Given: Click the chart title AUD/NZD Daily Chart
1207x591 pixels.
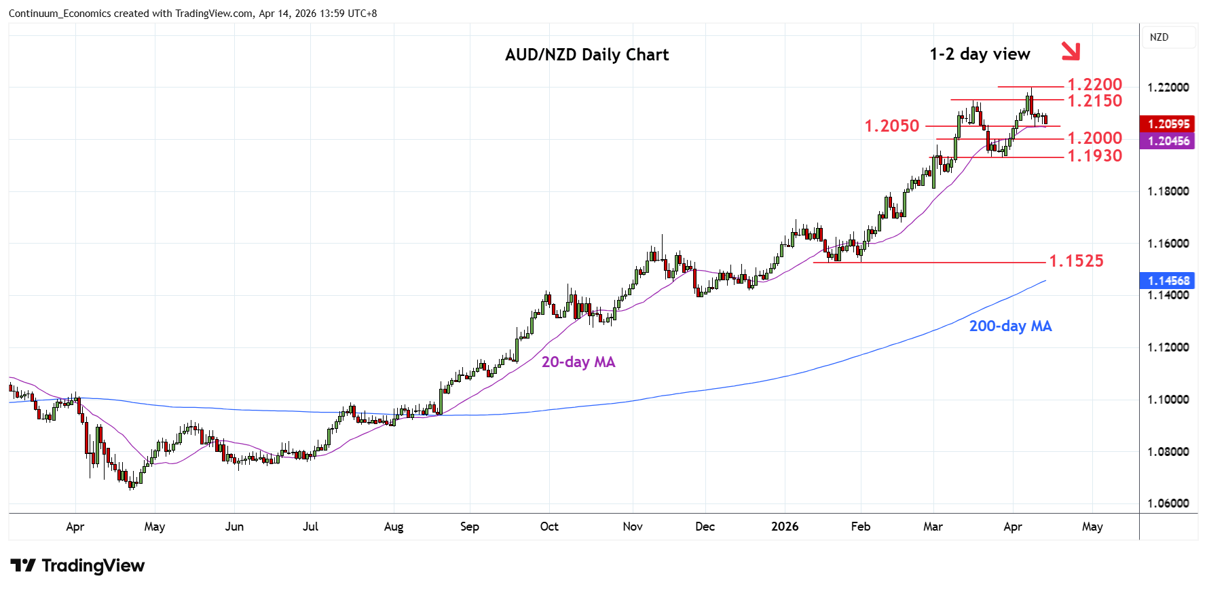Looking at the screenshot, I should (587, 55).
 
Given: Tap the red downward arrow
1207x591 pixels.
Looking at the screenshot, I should (1071, 51).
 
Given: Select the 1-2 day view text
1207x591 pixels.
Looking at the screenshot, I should (980, 54).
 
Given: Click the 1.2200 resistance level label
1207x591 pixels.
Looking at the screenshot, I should (1094, 85).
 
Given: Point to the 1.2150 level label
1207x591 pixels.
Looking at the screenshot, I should (1094, 101).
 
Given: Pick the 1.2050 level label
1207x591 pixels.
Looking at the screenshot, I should (891, 126).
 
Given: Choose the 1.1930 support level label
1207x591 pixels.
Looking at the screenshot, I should (1094, 156).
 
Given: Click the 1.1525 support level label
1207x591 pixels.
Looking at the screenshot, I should (1076, 261).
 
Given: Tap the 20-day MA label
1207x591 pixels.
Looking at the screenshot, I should (578, 362).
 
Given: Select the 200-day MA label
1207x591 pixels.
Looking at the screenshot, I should (1010, 326).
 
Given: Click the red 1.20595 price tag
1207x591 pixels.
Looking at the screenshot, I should (1168, 124).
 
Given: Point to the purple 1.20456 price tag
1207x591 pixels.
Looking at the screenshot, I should (1168, 141).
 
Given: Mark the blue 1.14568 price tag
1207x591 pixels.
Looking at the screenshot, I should (1168, 281).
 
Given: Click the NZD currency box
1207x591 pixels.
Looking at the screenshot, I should (1159, 37).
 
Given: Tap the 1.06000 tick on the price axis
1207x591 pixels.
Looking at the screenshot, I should (1168, 503).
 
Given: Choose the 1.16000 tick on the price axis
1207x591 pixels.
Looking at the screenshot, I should (1168, 244).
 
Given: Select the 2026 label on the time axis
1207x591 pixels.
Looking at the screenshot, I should (785, 527).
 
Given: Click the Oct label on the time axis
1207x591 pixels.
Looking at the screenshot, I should (549, 527).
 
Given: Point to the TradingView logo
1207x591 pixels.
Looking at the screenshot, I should (77, 566).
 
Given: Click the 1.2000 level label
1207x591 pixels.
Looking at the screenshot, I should (1094, 138).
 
